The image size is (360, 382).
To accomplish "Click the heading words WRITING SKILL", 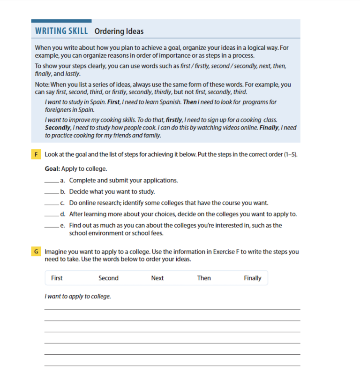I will pos(61,31).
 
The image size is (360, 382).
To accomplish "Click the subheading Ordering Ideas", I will pos(119,31).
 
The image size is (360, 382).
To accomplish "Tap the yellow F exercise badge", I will pos(36,154).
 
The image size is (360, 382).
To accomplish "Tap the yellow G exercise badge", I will pos(36,252).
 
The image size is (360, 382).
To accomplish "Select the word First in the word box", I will pos(57,278).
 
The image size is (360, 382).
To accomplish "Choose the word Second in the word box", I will pos(108,278).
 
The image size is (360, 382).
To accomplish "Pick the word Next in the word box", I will pos(157,278).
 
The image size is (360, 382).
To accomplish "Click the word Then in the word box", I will pos(204,278).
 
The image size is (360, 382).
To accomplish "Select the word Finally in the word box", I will pos(252,278).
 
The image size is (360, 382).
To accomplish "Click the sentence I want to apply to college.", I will pos(78,296).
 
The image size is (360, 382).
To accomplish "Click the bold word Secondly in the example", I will pos(57,128).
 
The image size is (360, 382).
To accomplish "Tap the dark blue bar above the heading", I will pos(61,21).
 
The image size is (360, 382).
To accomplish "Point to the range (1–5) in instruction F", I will pos(290,154).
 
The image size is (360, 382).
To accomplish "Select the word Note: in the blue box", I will pos(43,85).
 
